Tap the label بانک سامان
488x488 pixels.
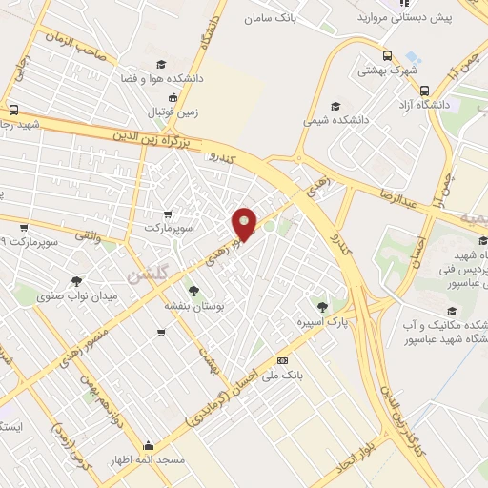[269, 18]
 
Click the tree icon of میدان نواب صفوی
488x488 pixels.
[76, 280]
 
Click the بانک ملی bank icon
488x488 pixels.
[282, 360]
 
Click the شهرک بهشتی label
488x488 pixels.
[388, 71]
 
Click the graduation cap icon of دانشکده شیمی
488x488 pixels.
[334, 106]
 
